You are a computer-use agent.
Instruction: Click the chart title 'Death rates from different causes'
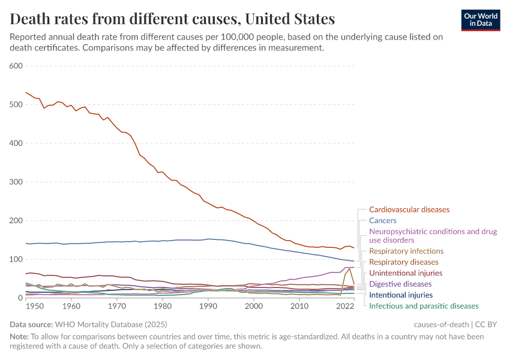(x=172, y=19)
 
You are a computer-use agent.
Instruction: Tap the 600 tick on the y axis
(x=16, y=66)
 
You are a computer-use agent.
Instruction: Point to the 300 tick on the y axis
(x=16, y=182)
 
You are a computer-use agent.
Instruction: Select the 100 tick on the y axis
(x=16, y=259)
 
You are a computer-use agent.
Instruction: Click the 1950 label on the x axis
(x=34, y=307)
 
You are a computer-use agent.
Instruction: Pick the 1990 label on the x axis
(x=208, y=307)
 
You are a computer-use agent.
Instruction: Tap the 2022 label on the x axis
(x=345, y=307)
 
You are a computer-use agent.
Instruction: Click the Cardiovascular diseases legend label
(x=409, y=209)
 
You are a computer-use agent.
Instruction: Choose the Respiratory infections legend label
(x=406, y=251)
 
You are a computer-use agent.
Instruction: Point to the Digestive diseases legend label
(x=400, y=284)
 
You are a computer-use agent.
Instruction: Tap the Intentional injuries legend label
(x=401, y=295)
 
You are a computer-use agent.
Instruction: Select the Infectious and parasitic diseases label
(x=424, y=306)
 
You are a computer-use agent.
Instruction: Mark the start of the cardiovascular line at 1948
(x=26, y=92)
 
